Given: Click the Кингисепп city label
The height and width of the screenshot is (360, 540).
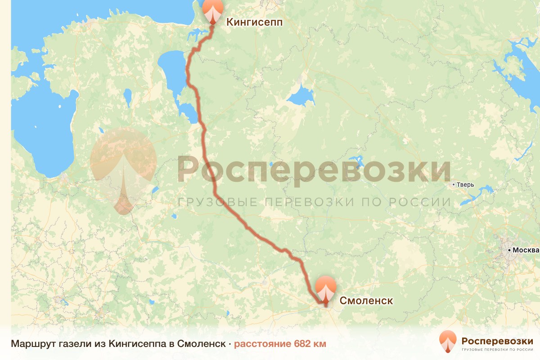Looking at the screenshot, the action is [x=254, y=22].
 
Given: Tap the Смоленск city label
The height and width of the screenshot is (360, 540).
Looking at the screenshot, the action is [x=366, y=301].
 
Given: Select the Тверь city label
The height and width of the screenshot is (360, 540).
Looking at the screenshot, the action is [x=465, y=184].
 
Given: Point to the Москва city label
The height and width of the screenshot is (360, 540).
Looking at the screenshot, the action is [x=526, y=250].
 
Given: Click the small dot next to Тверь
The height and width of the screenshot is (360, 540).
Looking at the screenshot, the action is [x=454, y=184].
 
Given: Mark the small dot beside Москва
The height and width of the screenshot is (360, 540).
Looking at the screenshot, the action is [x=509, y=250].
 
